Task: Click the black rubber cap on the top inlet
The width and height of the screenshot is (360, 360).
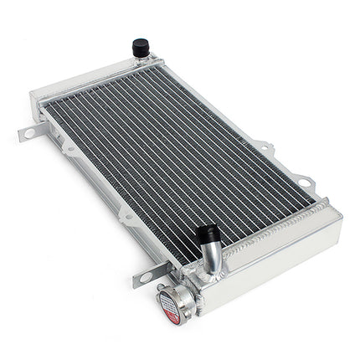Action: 141,48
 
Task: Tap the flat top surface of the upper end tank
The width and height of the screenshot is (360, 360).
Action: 92,80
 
